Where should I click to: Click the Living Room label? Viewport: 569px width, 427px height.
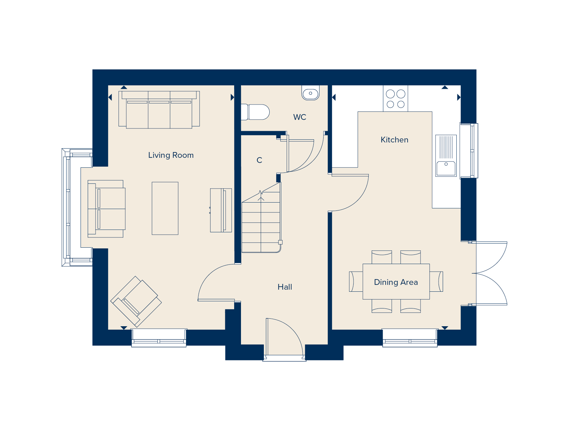[171, 155]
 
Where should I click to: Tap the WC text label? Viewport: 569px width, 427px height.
[299, 117]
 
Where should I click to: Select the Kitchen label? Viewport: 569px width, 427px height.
[394, 140]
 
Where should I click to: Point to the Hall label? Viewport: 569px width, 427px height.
[285, 287]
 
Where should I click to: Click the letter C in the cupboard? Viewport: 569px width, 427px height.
[259, 160]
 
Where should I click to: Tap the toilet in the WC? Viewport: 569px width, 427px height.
[256, 112]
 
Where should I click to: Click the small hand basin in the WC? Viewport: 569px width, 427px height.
[310, 93]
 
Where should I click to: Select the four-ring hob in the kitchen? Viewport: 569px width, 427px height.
[395, 99]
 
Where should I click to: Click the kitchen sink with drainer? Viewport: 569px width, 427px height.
[446, 155]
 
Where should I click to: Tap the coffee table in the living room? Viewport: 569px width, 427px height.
[165, 208]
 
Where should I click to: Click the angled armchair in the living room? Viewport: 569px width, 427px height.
[136, 301]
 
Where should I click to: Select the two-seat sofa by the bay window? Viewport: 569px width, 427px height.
[106, 208]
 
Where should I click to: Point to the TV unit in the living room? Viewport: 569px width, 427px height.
[221, 210]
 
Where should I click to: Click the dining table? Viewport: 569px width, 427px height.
[396, 281]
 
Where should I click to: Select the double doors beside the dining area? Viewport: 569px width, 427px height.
[491, 273]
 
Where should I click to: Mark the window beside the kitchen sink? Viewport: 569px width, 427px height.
[469, 150]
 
